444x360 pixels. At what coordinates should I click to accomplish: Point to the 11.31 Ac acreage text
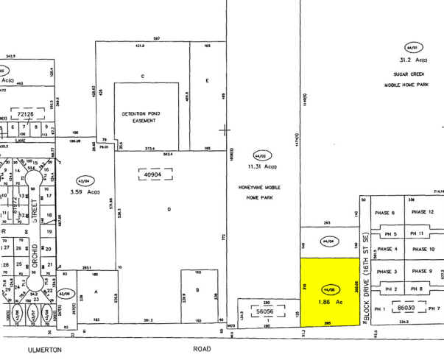click(x=263, y=166)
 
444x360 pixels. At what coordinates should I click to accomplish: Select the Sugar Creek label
click(x=410, y=75)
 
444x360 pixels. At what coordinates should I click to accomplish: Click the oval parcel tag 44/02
click(x=259, y=156)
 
